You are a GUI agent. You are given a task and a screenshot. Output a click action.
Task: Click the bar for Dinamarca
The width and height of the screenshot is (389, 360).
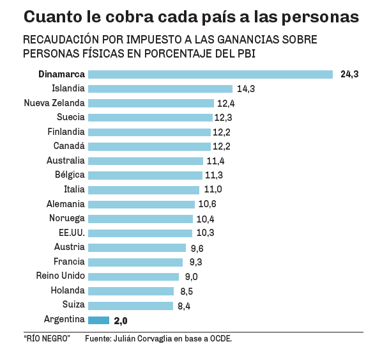click(x=210, y=74)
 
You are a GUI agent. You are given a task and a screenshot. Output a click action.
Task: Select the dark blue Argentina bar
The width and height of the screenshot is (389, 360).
click(x=99, y=320)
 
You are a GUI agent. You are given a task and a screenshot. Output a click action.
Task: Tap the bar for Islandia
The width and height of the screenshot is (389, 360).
click(x=160, y=89)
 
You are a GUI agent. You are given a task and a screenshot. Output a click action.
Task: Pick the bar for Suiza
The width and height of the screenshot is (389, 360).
click(x=130, y=306)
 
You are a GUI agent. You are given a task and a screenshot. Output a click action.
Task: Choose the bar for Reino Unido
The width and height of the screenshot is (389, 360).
click(x=133, y=276)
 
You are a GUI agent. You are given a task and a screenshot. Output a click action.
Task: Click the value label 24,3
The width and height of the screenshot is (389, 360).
click(x=349, y=74)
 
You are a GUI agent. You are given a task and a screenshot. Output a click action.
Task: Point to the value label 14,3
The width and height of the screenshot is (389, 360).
click(x=246, y=89)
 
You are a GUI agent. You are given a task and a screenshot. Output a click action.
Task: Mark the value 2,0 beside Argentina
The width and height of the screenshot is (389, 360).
click(x=121, y=320)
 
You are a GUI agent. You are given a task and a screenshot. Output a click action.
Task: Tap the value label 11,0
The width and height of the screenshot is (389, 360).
click(x=213, y=190)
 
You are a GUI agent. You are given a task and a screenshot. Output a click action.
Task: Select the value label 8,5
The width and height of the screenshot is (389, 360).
click(x=187, y=291)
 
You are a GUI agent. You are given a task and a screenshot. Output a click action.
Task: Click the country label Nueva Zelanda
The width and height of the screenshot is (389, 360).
click(x=54, y=103)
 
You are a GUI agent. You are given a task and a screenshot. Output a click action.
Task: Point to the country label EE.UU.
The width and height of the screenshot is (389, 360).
click(x=72, y=233)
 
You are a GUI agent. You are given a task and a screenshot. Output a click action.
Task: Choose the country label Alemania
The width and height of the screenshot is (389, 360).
click(x=66, y=204)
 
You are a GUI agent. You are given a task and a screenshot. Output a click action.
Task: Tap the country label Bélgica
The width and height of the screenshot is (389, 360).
click(x=70, y=175)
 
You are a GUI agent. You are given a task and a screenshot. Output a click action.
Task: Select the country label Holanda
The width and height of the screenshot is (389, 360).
click(x=68, y=291)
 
